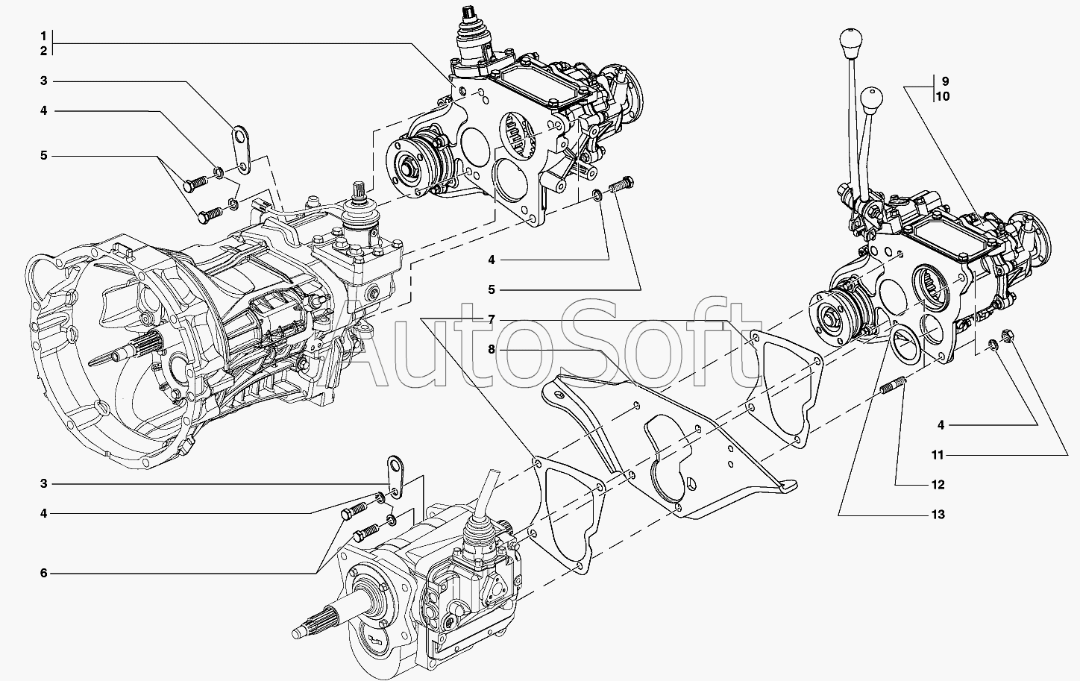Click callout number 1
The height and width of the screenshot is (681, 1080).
click(x=43, y=36)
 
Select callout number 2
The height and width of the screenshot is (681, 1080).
click(x=43, y=51)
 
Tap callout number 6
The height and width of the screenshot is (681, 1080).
click(x=43, y=573)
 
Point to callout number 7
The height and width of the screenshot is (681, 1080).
click(x=492, y=319)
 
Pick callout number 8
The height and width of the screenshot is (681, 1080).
click(x=492, y=349)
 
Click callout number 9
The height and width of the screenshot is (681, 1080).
click(x=945, y=81)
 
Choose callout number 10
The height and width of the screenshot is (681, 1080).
click(x=943, y=96)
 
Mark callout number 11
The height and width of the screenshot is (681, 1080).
click(x=938, y=455)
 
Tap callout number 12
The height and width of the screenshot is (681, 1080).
click(x=938, y=485)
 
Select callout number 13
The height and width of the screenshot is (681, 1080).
click(x=938, y=515)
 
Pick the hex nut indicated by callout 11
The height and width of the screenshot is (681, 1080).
click(x=1005, y=334)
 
